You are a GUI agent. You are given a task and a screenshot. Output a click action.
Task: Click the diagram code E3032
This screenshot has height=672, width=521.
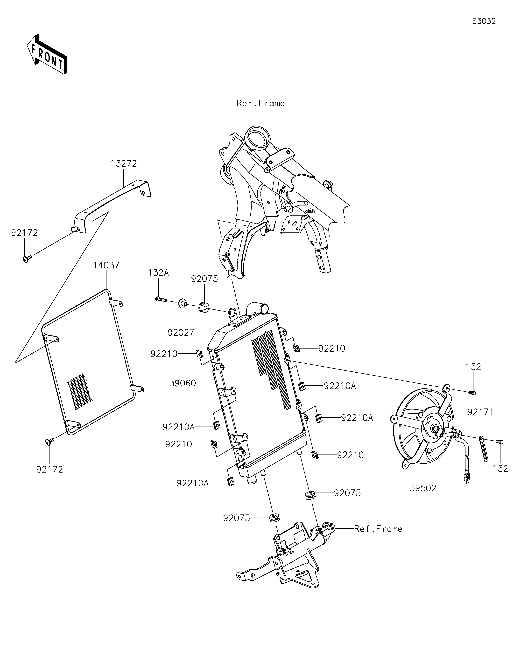point(484,21)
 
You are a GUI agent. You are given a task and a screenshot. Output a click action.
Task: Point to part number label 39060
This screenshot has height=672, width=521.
point(183,383)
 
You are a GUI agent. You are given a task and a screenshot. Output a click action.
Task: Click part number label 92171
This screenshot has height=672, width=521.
point(480,412)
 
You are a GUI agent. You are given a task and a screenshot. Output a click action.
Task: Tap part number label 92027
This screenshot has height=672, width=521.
point(181,332)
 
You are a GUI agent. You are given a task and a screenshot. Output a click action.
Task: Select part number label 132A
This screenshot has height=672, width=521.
point(158,273)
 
